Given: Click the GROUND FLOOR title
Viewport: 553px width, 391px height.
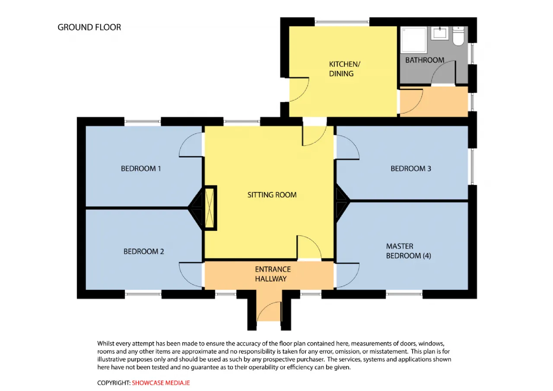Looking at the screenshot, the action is click(89, 27).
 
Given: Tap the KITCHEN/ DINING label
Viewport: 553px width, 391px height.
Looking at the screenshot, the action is click(344, 69).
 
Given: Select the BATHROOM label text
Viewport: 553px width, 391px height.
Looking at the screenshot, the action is click(425, 60).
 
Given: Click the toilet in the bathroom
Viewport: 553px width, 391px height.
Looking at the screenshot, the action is click(458, 36).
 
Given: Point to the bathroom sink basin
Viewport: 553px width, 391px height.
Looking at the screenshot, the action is click(440, 33).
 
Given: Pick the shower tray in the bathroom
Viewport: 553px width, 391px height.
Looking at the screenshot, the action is click(414, 40).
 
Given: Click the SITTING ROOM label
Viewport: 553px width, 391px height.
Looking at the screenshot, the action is click(272, 195).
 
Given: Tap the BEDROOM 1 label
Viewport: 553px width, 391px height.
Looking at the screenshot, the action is click(141, 169).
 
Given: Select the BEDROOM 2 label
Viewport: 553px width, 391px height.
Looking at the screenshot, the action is click(144, 252).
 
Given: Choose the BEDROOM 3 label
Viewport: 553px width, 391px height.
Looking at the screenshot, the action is click(411, 169).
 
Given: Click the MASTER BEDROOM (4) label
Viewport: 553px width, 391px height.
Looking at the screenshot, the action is click(409, 251).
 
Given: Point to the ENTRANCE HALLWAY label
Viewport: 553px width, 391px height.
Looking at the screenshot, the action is click(273, 274).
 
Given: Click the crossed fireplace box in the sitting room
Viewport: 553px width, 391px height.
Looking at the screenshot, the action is click(210, 208).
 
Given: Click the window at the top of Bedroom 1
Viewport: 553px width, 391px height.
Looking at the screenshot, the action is click(143, 122).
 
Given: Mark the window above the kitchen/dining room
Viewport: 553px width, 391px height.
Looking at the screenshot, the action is click(342, 22).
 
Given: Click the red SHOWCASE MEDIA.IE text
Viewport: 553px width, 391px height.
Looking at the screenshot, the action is click(161, 383).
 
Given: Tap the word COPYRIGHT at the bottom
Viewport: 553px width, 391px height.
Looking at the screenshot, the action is click(114, 383).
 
